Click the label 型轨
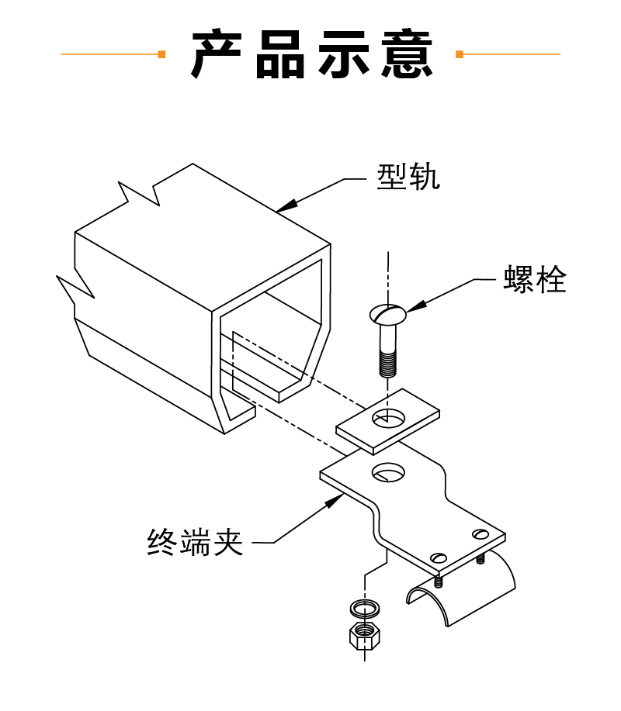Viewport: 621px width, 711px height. (x=408, y=178)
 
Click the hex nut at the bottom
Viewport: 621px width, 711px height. (x=363, y=637)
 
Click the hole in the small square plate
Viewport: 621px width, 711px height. (x=389, y=417)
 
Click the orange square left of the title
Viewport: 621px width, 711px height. (x=161, y=54)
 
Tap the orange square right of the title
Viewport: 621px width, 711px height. (x=460, y=54)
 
